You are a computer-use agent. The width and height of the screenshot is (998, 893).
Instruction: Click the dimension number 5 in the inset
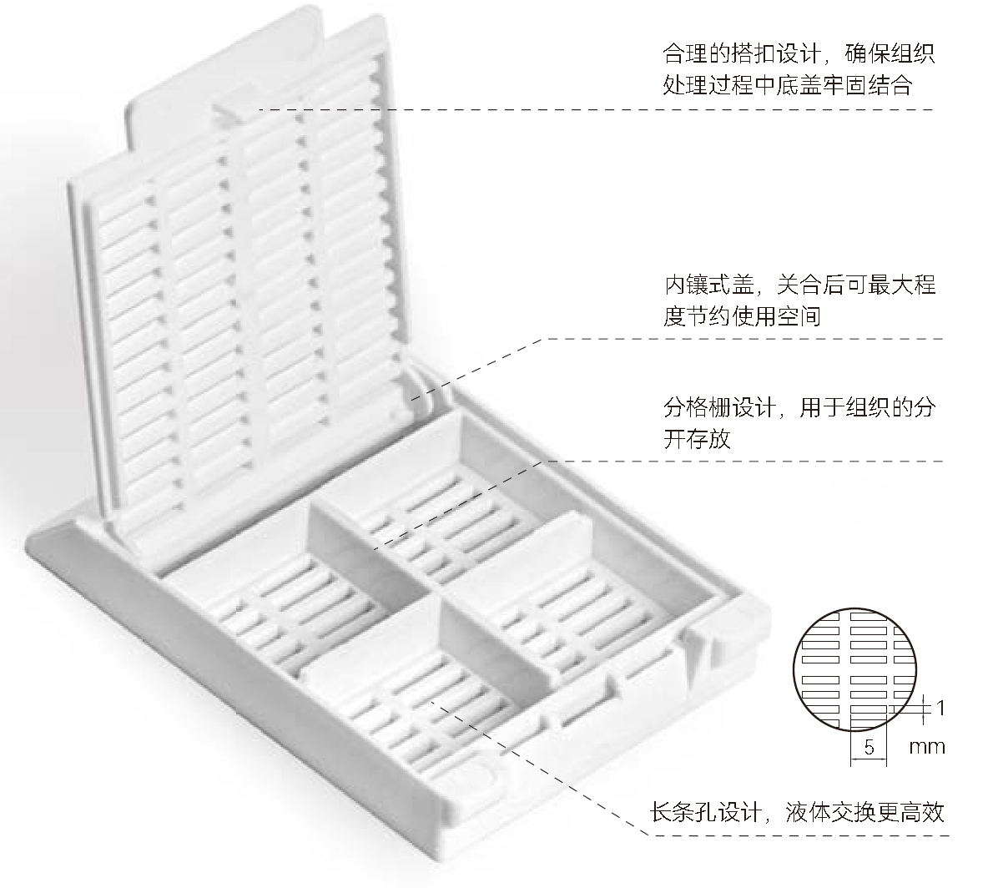point(869,746)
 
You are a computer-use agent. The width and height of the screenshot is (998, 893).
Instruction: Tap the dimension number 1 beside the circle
point(940,707)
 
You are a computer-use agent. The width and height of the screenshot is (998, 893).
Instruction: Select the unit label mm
point(927,747)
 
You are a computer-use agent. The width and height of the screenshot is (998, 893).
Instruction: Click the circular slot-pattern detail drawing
point(854,669)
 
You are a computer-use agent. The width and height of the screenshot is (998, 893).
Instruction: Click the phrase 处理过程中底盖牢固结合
point(788,84)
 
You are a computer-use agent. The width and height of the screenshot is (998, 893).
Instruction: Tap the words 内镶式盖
point(708,285)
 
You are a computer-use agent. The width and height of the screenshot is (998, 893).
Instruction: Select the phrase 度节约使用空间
point(742,315)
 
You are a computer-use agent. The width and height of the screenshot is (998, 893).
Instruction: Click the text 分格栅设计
point(719,407)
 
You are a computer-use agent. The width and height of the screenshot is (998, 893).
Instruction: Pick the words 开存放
point(697,438)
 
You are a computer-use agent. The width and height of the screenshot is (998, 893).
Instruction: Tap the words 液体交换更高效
point(864,813)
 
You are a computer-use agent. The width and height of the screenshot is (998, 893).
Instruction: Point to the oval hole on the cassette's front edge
point(485,774)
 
